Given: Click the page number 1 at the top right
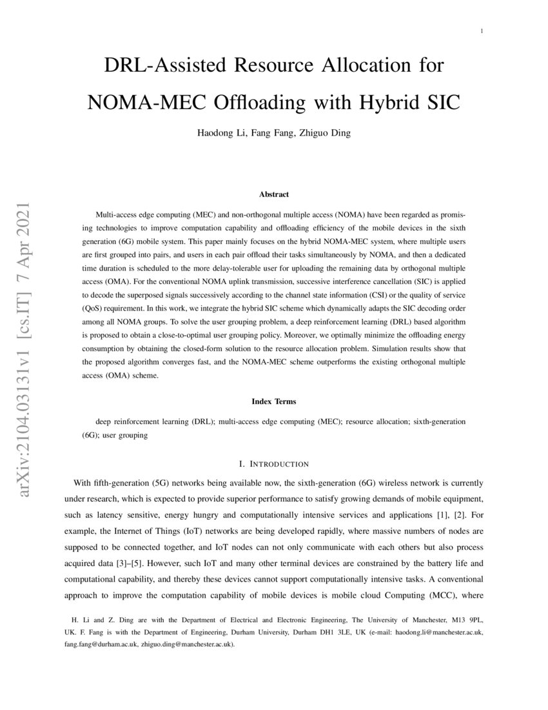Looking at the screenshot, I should click(482, 31).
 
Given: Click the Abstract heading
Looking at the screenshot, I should click(274, 194).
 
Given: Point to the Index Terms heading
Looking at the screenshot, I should click(274, 401).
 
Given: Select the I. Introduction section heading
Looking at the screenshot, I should click(274, 464).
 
